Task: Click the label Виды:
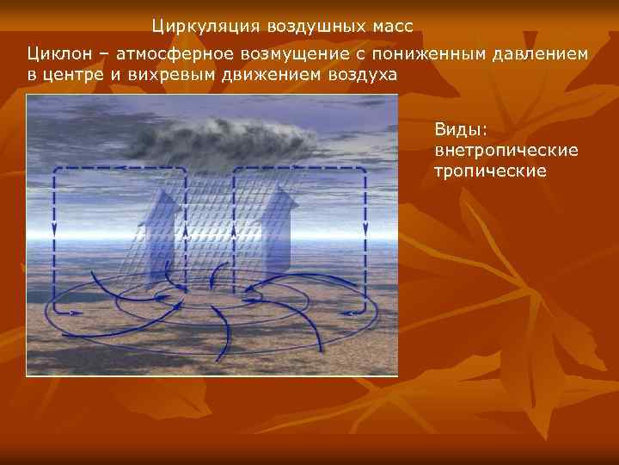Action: pos(462,130)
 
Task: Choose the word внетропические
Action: pos(506,151)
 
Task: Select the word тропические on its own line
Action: pos(491,171)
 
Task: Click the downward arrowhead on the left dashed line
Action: pos(54,230)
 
